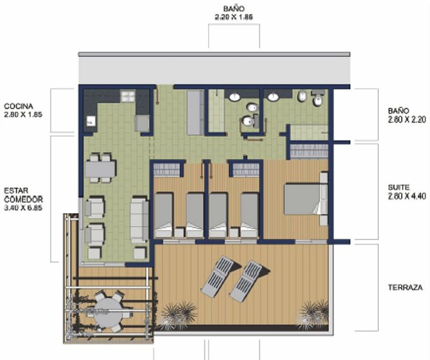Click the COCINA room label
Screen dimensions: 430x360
tap(19, 106)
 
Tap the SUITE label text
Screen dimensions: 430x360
tap(399, 187)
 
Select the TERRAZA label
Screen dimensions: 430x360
tap(406, 287)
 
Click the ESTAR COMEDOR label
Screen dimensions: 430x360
tap(24, 195)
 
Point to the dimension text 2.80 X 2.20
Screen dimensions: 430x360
tap(407, 120)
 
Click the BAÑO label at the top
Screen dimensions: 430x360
tap(233, 9)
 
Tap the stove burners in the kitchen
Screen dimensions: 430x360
tap(127, 96)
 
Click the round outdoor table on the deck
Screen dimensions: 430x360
tap(107, 312)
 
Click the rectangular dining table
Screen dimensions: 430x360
tap(100, 169)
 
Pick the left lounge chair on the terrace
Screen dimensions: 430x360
tap(218, 276)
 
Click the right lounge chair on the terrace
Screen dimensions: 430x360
tap(246, 281)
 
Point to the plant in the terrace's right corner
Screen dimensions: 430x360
tap(313, 315)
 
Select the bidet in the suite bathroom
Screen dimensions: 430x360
tap(302, 96)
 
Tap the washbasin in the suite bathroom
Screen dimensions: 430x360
tap(274, 96)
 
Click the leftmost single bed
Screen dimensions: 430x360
tap(164, 215)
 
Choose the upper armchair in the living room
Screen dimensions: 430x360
tap(95, 207)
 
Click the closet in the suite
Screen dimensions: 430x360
tap(309, 151)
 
